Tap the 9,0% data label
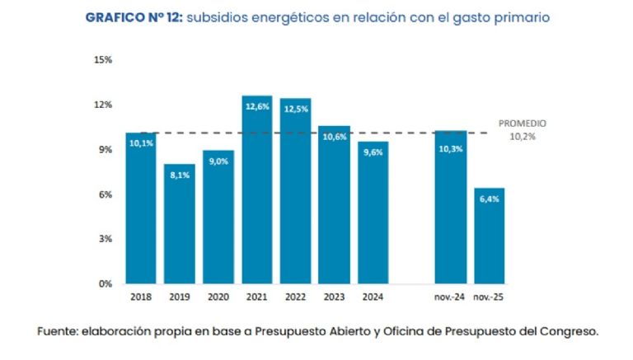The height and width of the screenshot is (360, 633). pos(218,161)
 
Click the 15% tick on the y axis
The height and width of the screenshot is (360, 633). pos(103,60)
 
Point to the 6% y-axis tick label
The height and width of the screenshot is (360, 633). pos(105,194)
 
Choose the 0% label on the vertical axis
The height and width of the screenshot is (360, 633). pos(105,283)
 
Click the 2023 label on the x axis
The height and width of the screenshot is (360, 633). pos(334,297)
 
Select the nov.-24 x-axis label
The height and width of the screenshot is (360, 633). pos(450,297)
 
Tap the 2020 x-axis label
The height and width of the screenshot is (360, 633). pos(218,297)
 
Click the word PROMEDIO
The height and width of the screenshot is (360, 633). pos(522,124)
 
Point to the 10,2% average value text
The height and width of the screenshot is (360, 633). pos(522,136)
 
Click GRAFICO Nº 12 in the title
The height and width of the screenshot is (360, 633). pos(133,17)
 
